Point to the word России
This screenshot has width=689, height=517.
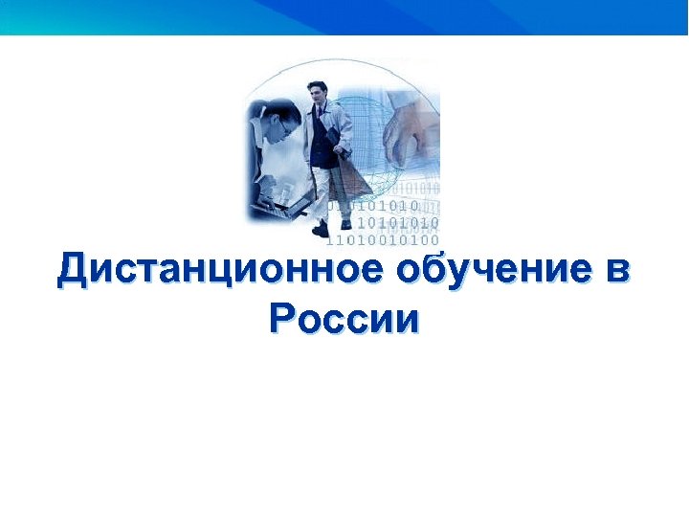point(344,318)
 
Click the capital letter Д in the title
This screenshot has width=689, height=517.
point(73,270)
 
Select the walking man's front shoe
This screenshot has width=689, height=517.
point(321,229)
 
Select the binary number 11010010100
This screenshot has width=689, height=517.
point(383,239)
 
